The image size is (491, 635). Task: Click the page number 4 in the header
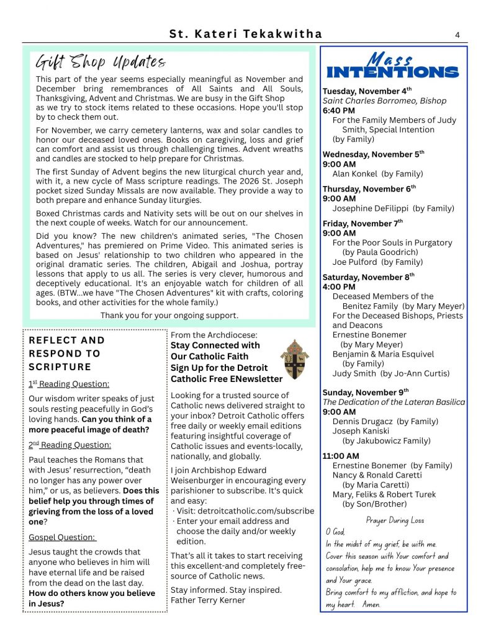tap(457, 35)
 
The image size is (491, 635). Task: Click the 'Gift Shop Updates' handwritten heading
tap(101, 63)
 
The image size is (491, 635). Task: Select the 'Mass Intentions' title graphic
tap(392, 66)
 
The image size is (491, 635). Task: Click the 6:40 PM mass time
tap(339, 110)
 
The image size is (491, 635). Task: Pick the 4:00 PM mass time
tap(339, 286)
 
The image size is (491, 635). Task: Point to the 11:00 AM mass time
tap(340, 456)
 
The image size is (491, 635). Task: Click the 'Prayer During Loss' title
tap(395, 520)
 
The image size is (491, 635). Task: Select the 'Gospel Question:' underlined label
tap(62, 537)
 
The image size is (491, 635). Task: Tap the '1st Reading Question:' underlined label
tap(69, 384)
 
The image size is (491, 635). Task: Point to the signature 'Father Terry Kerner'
tap(207, 600)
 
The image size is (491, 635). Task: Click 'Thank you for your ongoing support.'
tap(169, 316)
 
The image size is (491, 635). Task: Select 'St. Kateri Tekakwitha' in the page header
tap(246, 35)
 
